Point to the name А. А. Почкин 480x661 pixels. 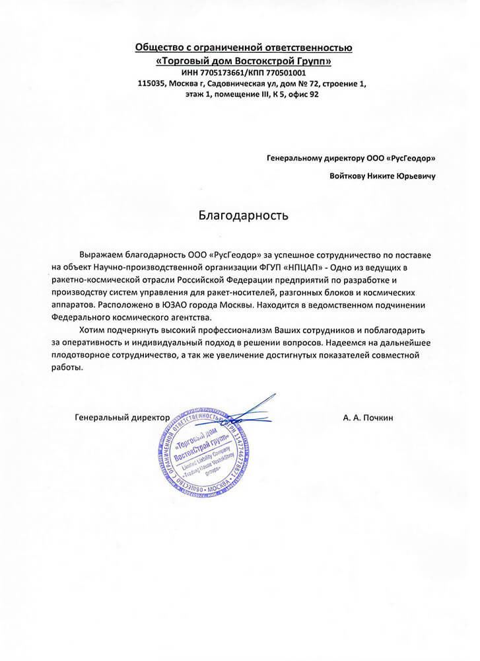coord(368,418)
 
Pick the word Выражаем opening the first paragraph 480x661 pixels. coord(100,254)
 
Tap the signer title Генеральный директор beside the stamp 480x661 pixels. coord(122,418)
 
